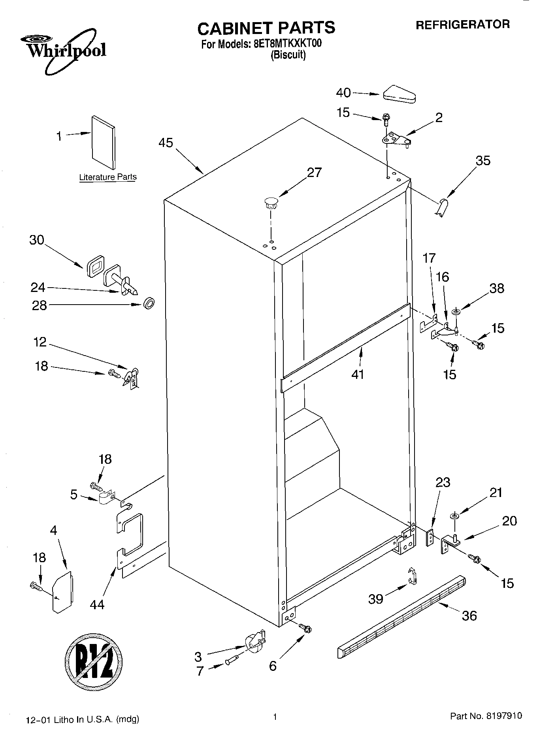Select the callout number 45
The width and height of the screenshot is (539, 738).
click(x=166, y=143)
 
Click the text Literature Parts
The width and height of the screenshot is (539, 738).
click(x=107, y=177)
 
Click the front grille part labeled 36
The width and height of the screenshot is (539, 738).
click(x=401, y=617)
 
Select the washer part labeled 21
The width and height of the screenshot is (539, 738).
click(x=454, y=516)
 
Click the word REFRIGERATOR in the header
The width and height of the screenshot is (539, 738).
click(x=462, y=24)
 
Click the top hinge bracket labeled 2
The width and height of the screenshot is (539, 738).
click(x=395, y=139)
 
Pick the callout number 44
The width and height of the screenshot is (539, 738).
click(x=97, y=604)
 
